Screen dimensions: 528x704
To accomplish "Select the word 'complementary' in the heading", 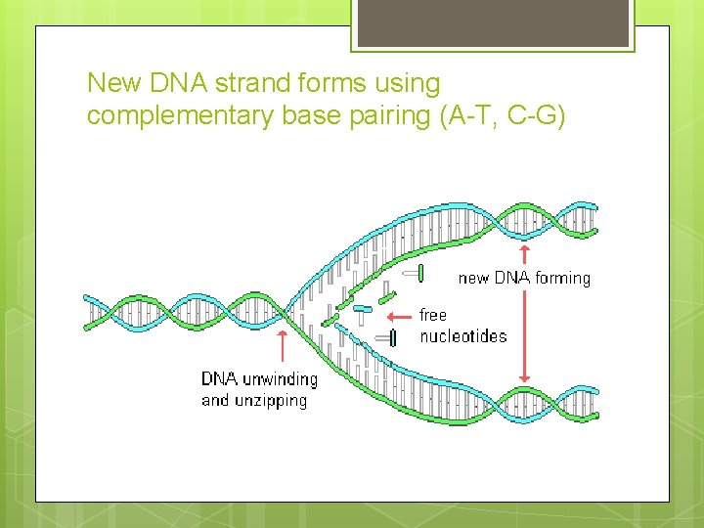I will pyautogui.click(x=179, y=116).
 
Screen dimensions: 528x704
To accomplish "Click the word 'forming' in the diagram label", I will pyautogui.click(x=562, y=279).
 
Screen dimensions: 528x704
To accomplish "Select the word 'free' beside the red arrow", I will pyautogui.click(x=432, y=315).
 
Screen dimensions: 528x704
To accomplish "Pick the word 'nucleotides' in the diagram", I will pyautogui.click(x=463, y=336).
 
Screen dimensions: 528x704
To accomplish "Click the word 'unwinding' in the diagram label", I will pyautogui.click(x=279, y=379).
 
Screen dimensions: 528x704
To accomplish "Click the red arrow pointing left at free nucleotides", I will pyautogui.click(x=399, y=317).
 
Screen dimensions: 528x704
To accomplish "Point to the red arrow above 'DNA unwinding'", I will pyautogui.click(x=283, y=347).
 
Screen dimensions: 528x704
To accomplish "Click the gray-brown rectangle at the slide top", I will pyautogui.click(x=492, y=22).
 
